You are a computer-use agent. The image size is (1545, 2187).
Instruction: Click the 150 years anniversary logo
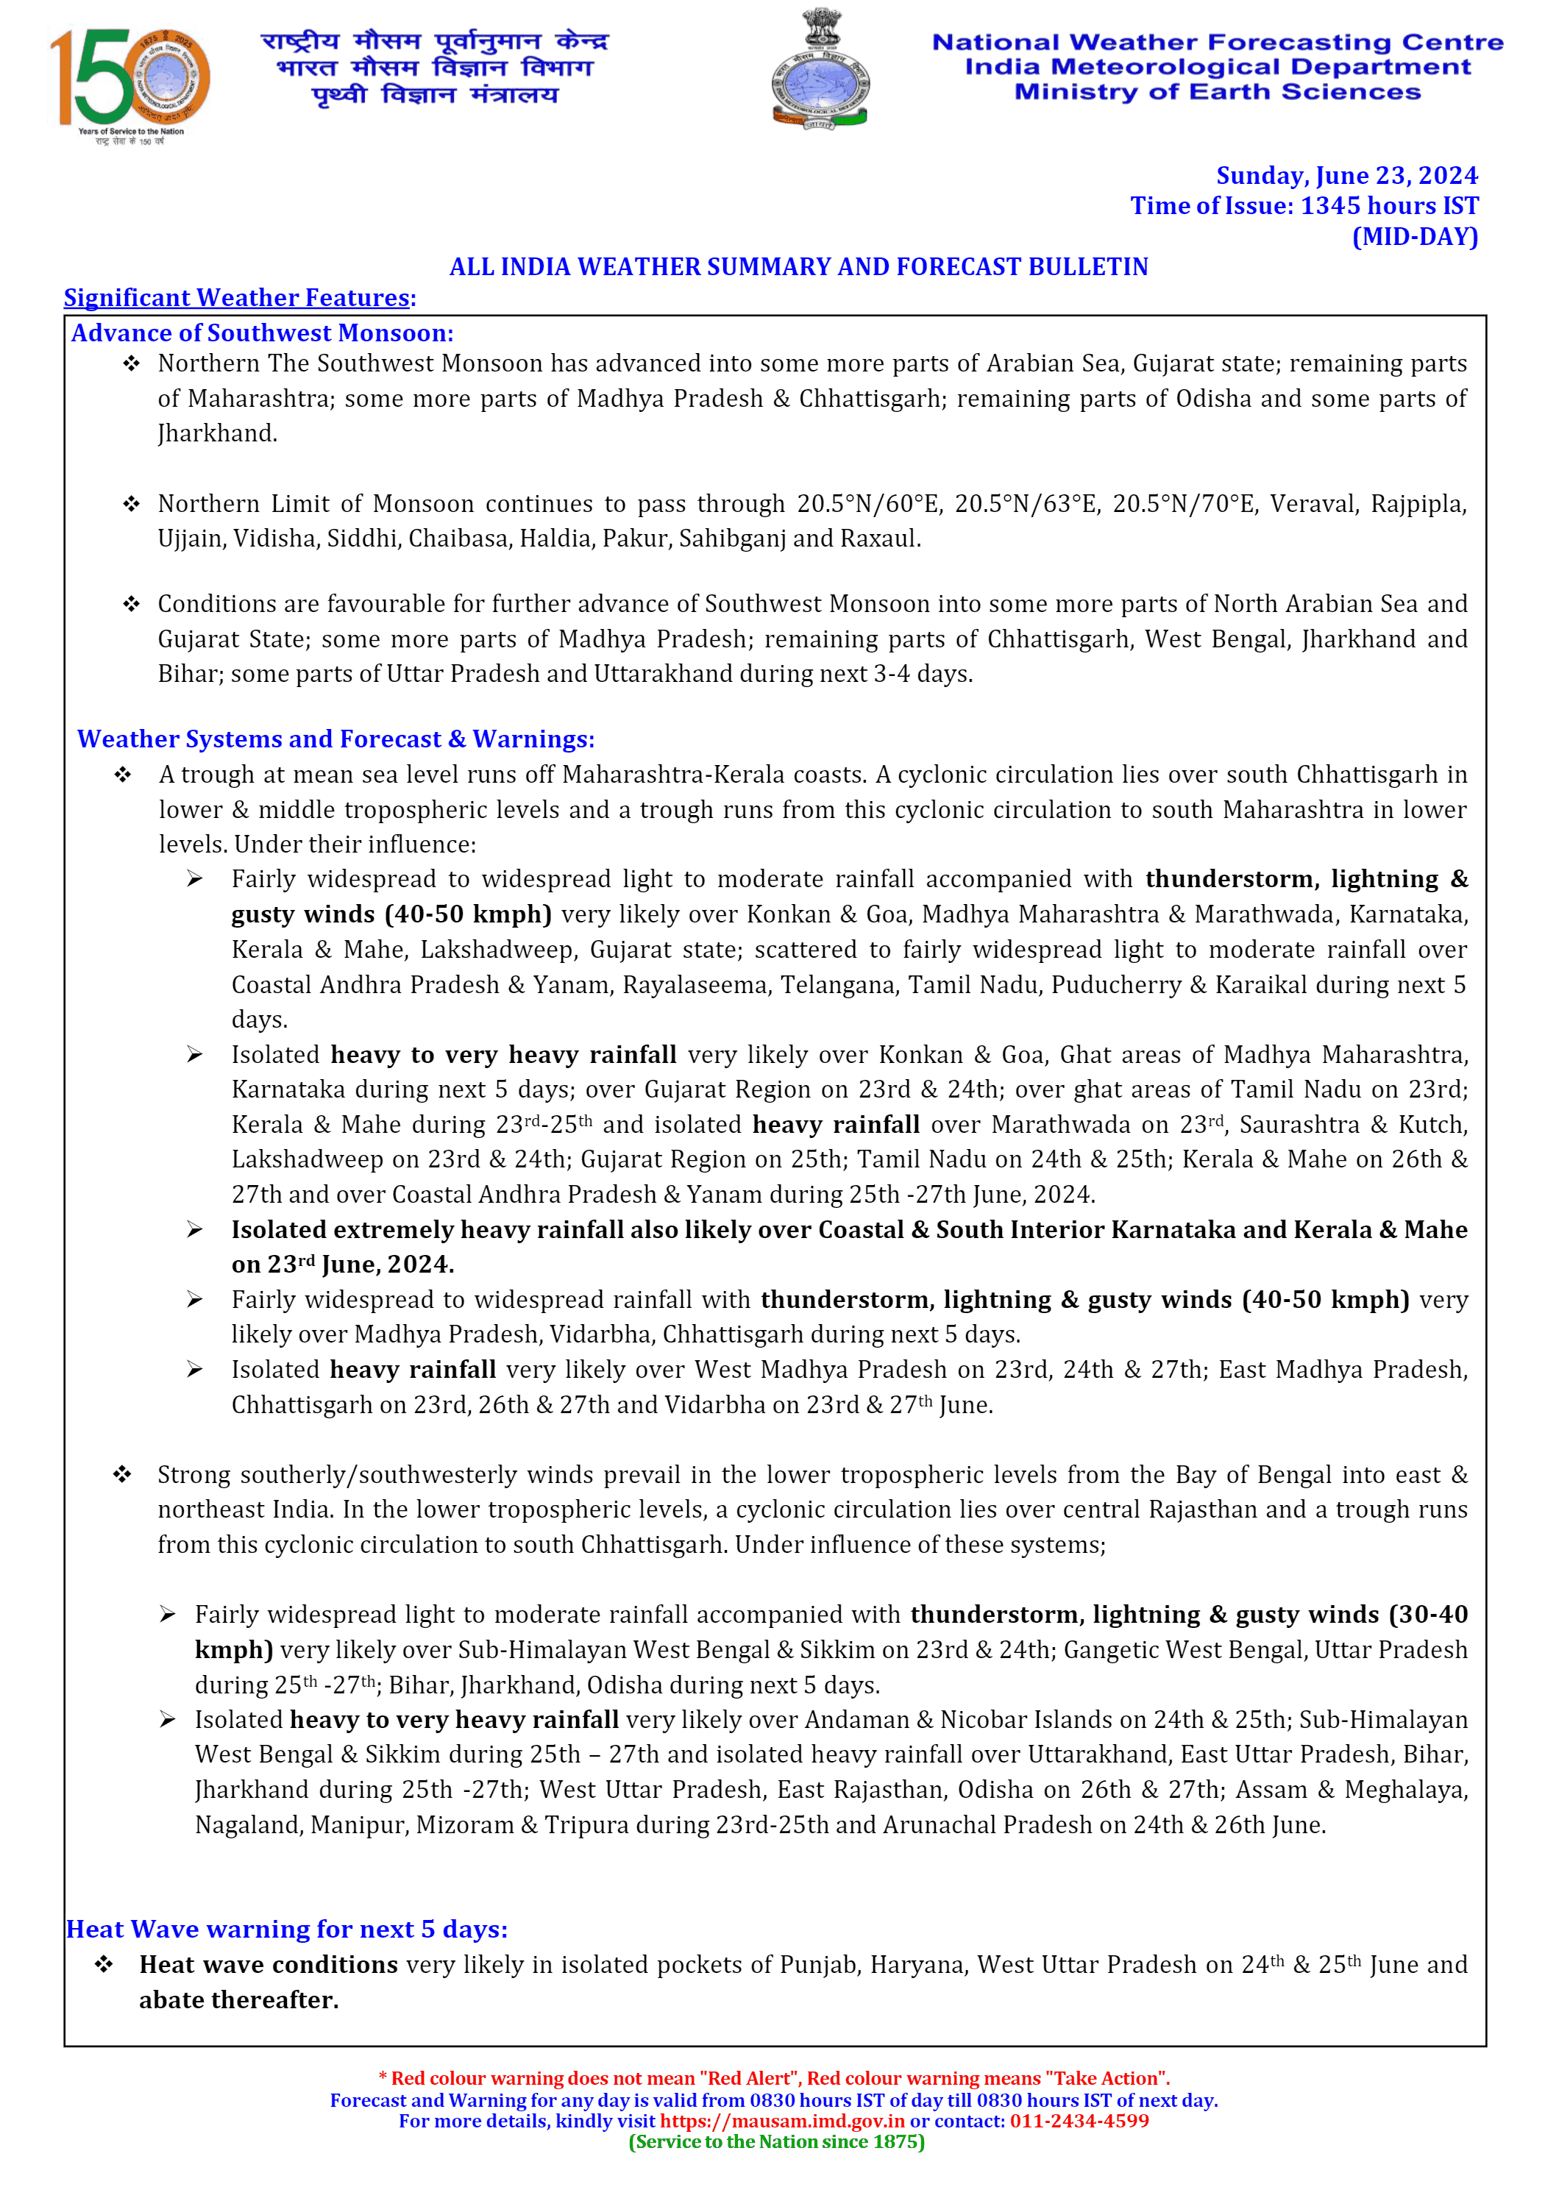(x=129, y=86)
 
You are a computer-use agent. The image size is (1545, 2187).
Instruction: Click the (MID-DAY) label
(x=1415, y=237)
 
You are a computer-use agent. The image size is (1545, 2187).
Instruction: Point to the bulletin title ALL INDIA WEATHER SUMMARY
(x=798, y=268)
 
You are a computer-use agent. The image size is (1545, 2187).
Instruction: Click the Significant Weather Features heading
(x=239, y=298)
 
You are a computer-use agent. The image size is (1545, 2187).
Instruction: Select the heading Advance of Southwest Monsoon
(x=262, y=333)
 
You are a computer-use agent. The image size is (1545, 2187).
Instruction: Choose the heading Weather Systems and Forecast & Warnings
(x=335, y=739)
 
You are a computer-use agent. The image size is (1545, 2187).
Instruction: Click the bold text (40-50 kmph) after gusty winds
(x=469, y=914)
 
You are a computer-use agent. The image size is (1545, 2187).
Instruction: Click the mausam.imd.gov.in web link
(x=781, y=2122)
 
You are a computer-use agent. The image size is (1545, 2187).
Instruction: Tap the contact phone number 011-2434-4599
(x=1079, y=2122)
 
